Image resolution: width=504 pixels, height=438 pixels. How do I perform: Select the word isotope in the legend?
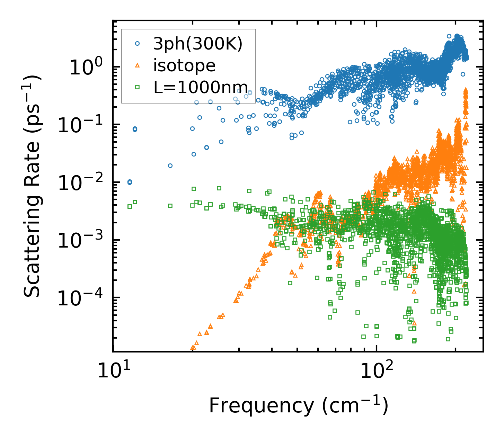pyautogui.click(x=184, y=65)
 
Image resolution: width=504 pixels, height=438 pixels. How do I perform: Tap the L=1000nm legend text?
pyautogui.click(x=201, y=87)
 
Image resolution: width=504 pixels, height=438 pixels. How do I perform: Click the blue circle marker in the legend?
pyautogui.click(x=137, y=44)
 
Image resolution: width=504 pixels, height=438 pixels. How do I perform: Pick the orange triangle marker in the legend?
pyautogui.click(x=137, y=65)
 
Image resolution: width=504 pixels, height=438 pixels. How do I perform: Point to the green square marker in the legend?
pyautogui.click(x=137, y=87)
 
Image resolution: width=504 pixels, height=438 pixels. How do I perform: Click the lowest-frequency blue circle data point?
pyautogui.click(x=130, y=182)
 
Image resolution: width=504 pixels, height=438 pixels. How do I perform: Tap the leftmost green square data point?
pyautogui.click(x=130, y=206)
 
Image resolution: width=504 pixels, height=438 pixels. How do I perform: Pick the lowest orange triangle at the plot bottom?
pyautogui.click(x=193, y=348)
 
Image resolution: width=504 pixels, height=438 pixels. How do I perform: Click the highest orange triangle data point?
pyautogui.click(x=466, y=90)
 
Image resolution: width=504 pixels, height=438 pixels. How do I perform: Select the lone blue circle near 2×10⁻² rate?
pyautogui.click(x=170, y=166)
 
